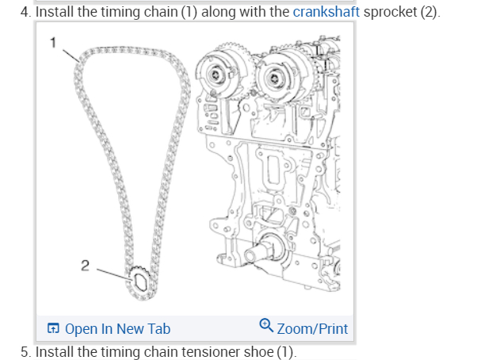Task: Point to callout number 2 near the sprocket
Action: [x=85, y=264]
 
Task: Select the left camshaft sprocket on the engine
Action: [x=216, y=75]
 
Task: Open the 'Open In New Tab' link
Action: [x=117, y=328]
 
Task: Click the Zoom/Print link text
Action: [x=312, y=328]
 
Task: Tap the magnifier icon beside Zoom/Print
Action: [x=266, y=327]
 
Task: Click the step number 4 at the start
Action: [x=25, y=13]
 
